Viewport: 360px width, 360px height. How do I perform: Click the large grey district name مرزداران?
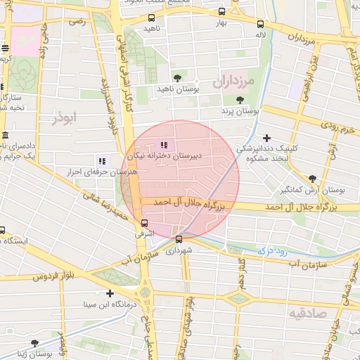[x=235, y=81]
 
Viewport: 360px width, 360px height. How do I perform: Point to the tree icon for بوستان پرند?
[x=240, y=100]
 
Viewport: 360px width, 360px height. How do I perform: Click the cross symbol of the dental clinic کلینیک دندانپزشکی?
[x=266, y=138]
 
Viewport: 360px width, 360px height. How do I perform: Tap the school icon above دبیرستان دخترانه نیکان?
[x=165, y=146]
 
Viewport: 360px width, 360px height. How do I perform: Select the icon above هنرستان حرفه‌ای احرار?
[x=103, y=161]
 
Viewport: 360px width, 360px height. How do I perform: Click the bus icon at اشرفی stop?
[x=144, y=223]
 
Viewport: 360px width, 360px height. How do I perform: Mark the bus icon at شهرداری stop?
[x=178, y=238]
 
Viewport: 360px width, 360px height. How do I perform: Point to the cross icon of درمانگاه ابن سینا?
[x=110, y=293]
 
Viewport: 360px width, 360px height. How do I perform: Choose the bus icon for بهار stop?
[x=222, y=12]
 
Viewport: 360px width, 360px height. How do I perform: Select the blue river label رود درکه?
[x=270, y=250]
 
